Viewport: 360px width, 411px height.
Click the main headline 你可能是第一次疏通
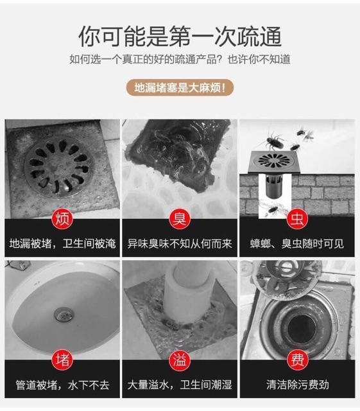point(180,37)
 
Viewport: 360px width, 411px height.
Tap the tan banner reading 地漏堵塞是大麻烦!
point(180,87)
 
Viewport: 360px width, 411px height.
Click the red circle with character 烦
point(62,219)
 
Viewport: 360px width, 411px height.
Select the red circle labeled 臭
point(180,219)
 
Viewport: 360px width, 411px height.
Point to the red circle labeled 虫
point(297,219)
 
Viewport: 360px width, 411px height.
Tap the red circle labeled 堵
point(62,360)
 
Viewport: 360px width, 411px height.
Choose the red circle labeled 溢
point(180,360)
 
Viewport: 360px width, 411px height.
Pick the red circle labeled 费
point(297,360)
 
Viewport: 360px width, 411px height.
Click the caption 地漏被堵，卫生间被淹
point(62,244)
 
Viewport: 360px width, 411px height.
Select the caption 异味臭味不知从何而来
point(180,244)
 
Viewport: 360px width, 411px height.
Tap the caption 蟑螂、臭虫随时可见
point(297,244)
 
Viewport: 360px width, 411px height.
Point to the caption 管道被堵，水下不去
point(62,385)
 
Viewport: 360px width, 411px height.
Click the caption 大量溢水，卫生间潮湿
point(180,385)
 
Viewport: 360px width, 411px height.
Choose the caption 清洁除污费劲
point(297,385)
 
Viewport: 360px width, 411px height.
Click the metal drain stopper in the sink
point(64,315)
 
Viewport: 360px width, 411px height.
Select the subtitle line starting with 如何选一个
point(180,60)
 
